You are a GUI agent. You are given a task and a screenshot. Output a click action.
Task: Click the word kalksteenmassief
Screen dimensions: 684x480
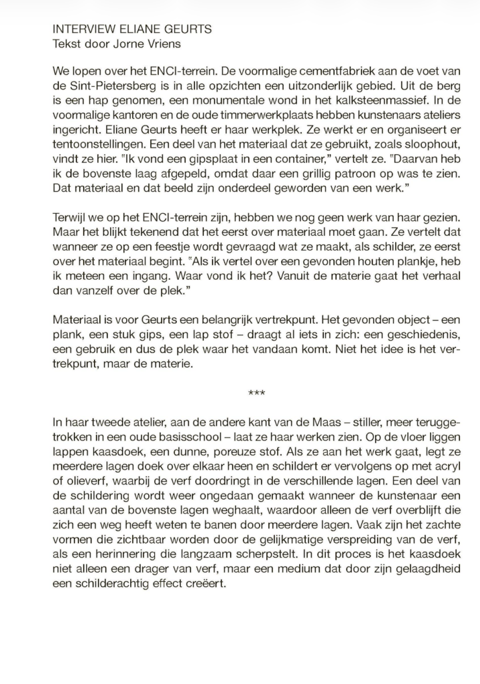(x=367, y=100)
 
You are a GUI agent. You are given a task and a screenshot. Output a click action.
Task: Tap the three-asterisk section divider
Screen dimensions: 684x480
(x=256, y=393)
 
